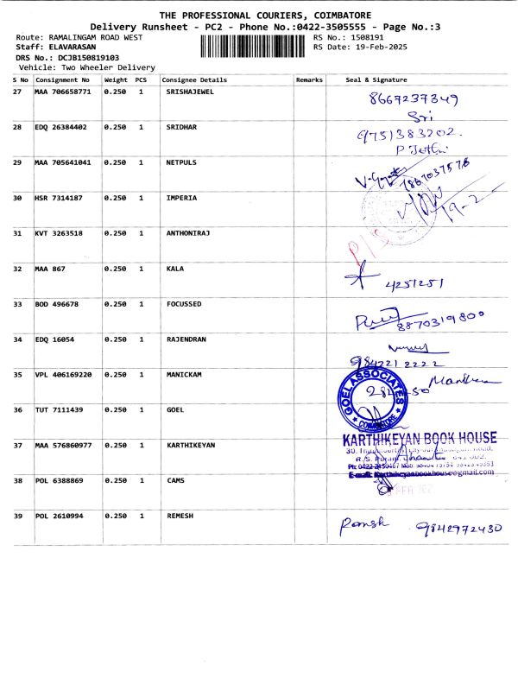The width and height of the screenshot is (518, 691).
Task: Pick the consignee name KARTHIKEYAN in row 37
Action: pos(190,445)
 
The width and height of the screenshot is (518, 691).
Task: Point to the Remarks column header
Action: pos(309,79)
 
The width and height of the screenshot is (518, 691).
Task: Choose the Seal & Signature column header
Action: pos(376,79)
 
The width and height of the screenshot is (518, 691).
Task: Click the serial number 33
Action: pos(17,304)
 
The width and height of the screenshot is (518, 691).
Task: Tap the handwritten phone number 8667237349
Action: pos(413,99)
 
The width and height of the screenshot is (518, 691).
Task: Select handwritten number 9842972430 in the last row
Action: pos(458,528)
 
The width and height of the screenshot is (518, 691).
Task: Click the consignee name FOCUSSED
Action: pos(184,304)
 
